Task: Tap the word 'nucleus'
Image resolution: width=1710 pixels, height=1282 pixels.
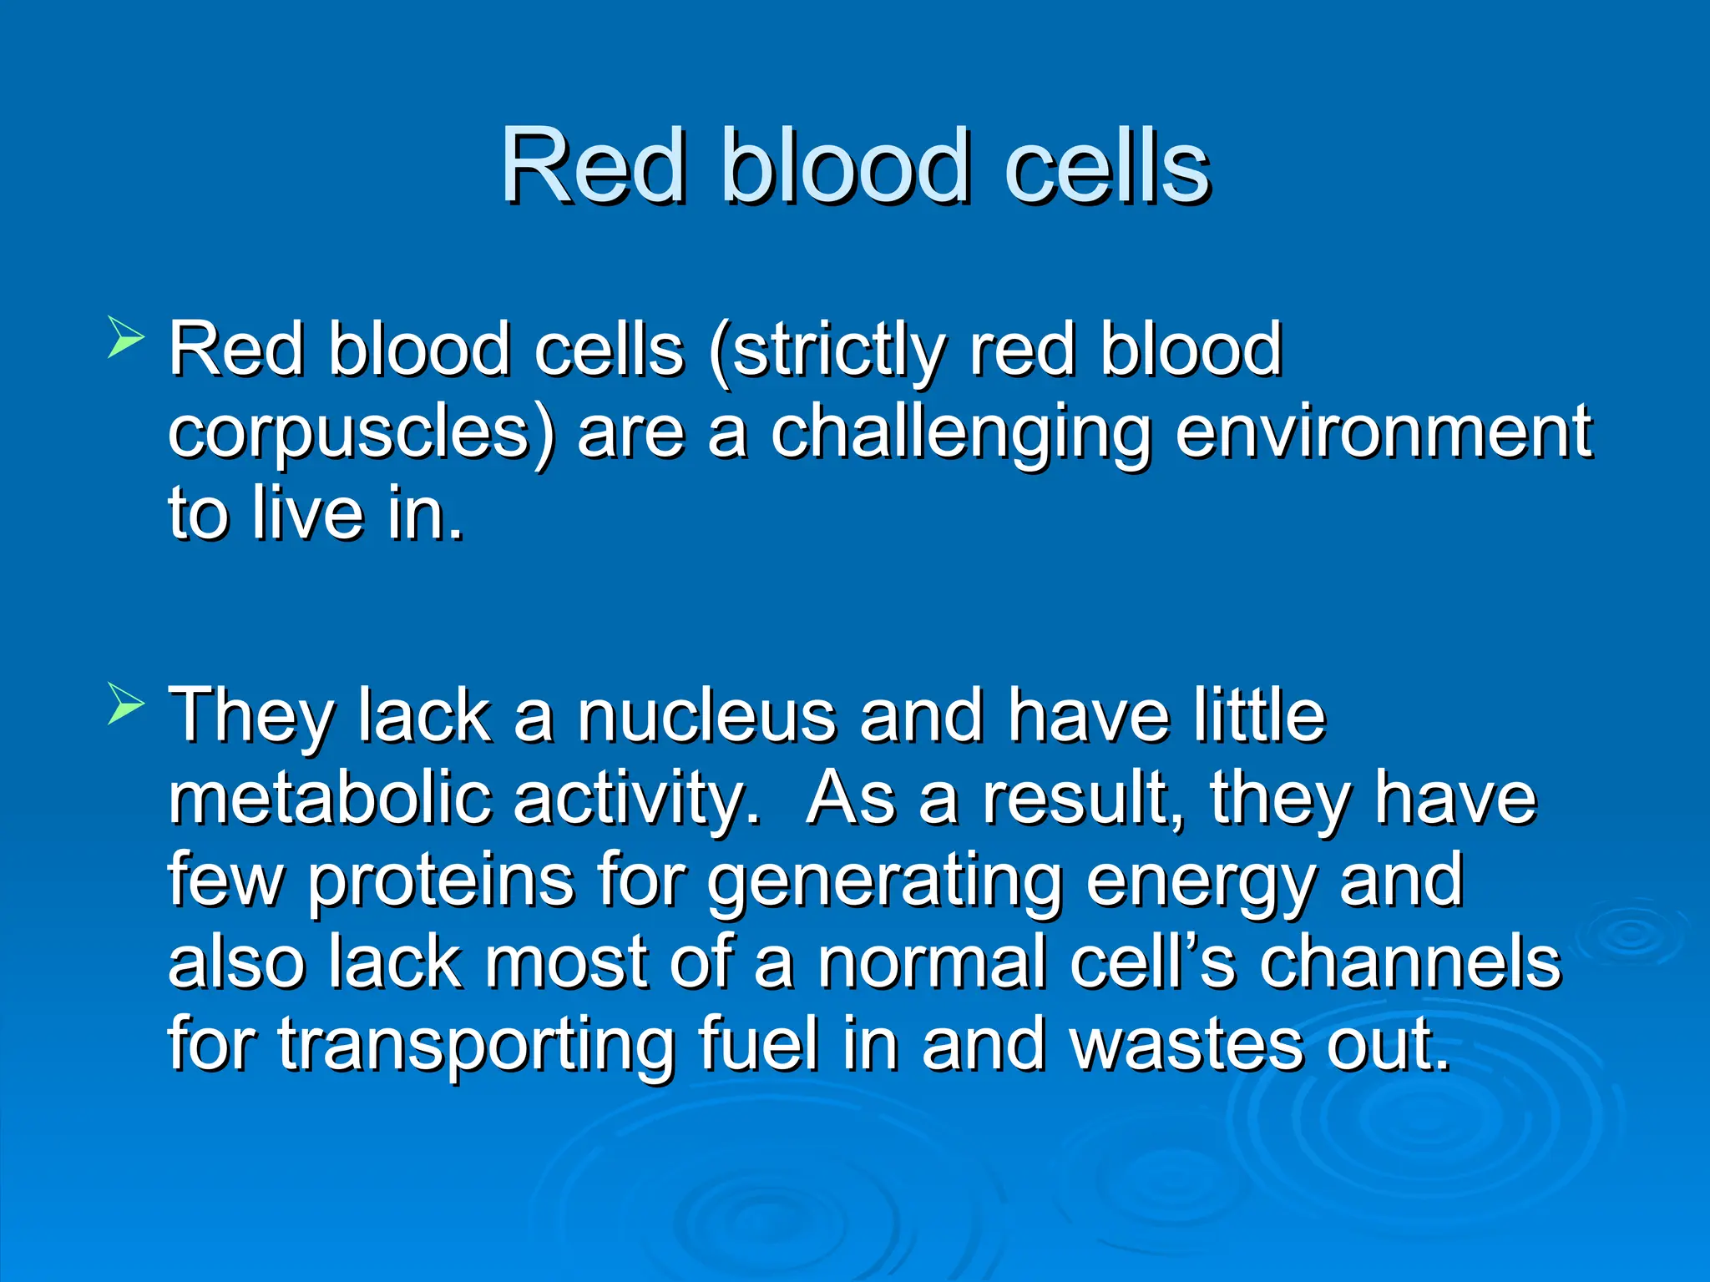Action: [706, 716]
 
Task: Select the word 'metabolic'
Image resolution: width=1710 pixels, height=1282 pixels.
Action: [329, 798]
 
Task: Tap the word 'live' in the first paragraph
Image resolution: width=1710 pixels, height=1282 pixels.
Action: [309, 512]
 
